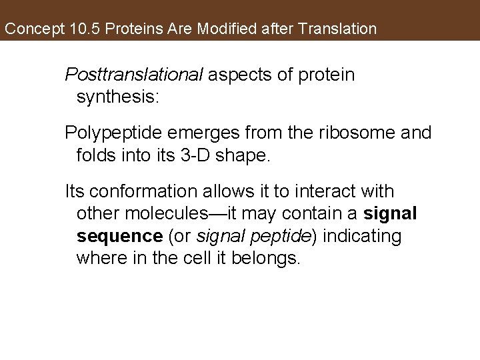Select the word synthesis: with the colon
click(x=118, y=97)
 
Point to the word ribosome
click(x=365, y=133)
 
